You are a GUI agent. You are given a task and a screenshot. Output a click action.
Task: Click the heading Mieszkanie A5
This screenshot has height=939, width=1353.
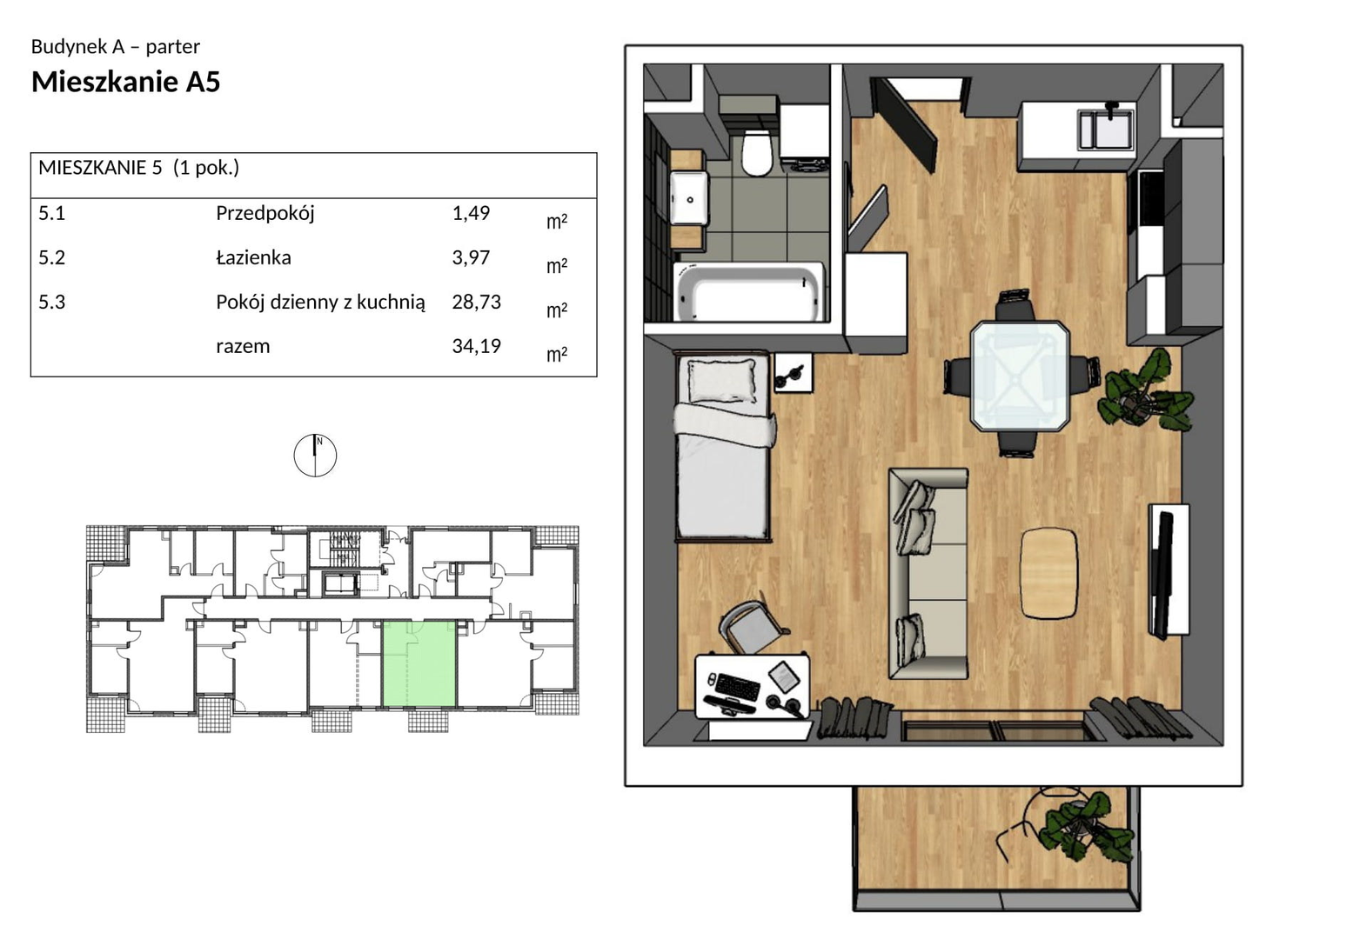[125, 82]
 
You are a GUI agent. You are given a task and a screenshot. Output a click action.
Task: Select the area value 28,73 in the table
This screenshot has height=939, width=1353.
[477, 302]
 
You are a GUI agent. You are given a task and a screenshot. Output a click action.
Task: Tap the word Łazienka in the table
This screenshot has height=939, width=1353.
[254, 257]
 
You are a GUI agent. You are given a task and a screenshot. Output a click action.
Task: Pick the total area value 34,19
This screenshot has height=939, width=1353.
[477, 346]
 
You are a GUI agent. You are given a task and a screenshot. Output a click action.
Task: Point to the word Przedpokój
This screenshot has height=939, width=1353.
[265, 214]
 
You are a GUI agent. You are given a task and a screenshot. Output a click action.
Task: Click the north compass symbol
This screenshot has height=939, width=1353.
[315, 456]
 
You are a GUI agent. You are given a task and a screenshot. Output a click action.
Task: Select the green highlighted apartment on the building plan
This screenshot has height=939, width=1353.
[419, 663]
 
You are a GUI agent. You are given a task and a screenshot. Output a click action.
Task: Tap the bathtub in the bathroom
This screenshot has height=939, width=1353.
[749, 292]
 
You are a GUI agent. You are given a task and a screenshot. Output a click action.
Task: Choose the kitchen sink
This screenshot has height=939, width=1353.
[1107, 130]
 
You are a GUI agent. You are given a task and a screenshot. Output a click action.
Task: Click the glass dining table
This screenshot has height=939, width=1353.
[1019, 376]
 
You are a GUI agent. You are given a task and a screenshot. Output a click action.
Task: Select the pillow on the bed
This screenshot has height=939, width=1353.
[722, 380]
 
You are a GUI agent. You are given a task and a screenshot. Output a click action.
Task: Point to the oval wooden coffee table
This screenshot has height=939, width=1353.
[1049, 573]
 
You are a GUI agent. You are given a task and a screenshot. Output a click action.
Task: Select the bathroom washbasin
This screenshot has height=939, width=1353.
[688, 197]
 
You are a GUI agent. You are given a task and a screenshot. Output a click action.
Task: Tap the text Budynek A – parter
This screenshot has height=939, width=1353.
[116, 46]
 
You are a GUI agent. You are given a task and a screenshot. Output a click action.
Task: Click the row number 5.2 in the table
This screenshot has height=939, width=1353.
[52, 257]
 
